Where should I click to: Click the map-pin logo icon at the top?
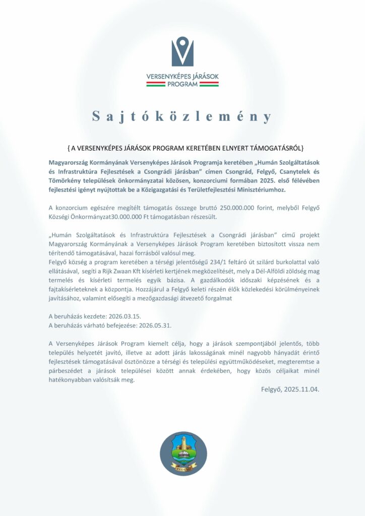[182, 51]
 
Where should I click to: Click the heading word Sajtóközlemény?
[182, 116]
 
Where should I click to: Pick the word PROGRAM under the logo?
[182, 84]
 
